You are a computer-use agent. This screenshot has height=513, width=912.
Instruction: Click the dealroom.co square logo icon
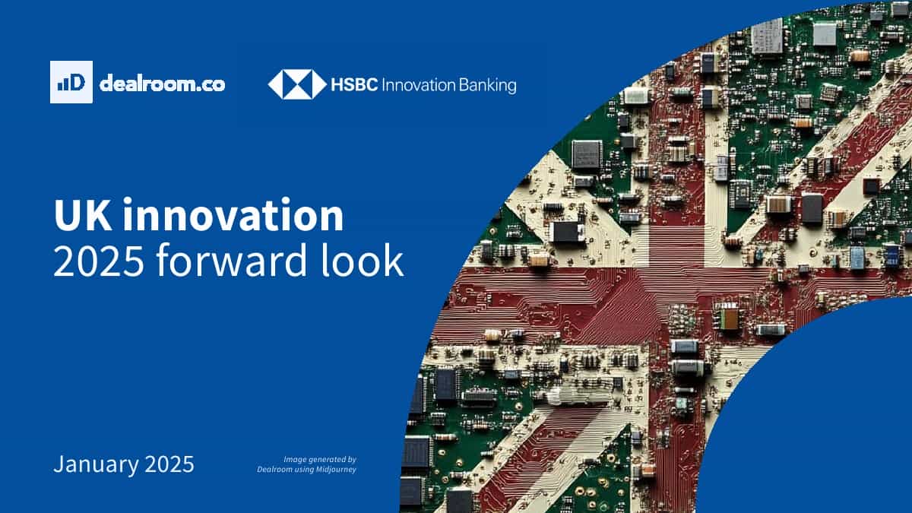point(71,82)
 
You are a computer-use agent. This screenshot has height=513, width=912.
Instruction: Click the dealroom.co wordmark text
point(162,84)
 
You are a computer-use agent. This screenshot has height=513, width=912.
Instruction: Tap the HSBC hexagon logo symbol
point(297,84)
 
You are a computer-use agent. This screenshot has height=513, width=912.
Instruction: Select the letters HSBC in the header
point(354,85)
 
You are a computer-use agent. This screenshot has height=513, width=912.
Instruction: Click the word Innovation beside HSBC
point(418,85)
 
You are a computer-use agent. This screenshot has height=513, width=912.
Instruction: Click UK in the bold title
point(82,214)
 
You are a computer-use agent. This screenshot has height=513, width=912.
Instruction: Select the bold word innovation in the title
point(233,214)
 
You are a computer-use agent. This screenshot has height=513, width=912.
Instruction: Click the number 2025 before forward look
point(99,261)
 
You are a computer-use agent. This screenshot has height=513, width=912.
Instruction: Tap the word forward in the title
point(231,259)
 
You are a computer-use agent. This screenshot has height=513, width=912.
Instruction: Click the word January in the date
point(96,465)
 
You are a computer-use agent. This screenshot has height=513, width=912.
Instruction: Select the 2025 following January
point(169,464)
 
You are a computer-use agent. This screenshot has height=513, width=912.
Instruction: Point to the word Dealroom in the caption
point(274,469)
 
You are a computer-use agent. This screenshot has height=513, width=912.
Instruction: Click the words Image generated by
point(320,460)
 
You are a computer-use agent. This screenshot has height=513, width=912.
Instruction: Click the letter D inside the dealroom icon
point(77,83)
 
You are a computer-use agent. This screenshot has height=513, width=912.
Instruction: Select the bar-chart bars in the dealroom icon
point(62,84)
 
